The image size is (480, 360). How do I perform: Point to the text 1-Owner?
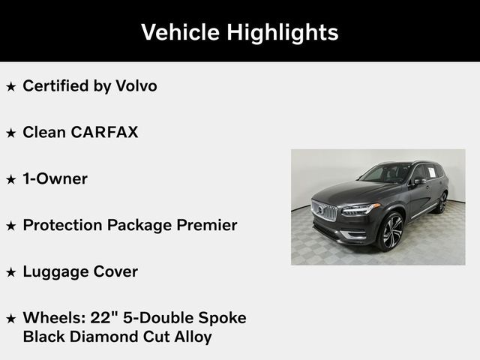click(x=55, y=178)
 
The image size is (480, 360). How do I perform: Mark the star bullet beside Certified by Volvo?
click(x=10, y=87)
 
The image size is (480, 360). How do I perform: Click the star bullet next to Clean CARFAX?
click(x=10, y=133)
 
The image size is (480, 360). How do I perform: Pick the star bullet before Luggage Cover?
click(x=10, y=273)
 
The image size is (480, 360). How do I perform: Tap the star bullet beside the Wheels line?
click(x=10, y=319)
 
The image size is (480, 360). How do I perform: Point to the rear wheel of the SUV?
click(x=442, y=202)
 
